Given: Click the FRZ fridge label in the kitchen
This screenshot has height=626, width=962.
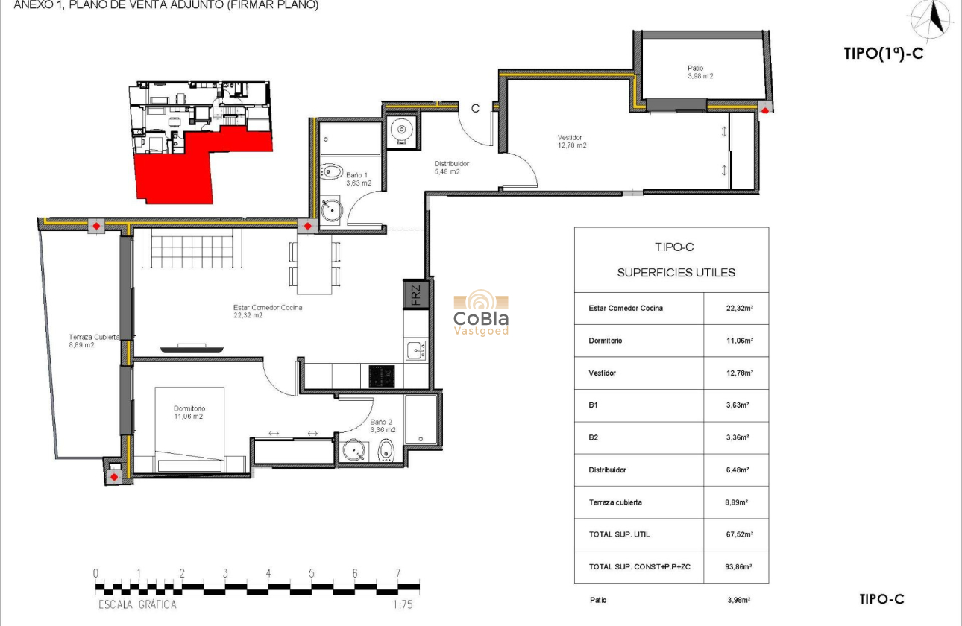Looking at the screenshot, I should [x=415, y=294].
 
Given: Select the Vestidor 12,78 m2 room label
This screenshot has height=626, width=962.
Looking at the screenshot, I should [x=571, y=141].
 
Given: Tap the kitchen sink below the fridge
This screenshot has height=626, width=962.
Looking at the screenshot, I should [x=415, y=349].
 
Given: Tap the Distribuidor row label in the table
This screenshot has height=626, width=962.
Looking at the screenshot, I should [x=607, y=470].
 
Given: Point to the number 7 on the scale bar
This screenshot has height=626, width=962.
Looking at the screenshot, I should [x=398, y=574].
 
